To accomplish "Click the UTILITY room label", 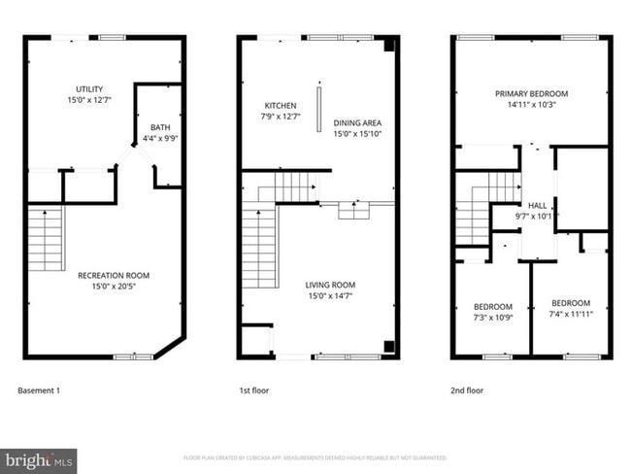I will coord(90,89).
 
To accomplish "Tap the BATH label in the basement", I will coord(159,127).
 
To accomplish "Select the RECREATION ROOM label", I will coord(115,275).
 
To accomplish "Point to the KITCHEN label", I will coord(280,105).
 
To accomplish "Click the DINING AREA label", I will coord(357,122).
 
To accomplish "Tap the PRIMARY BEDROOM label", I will coord(531,93).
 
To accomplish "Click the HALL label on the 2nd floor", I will coord(537,205).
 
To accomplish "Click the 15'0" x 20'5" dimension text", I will coord(115,287).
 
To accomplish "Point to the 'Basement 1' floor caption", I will coord(39,390).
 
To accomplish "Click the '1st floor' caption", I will coord(254,390).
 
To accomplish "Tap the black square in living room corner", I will coord(389,346).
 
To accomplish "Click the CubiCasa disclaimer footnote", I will coord(315,457).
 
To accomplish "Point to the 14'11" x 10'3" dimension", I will coord(531,105).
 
